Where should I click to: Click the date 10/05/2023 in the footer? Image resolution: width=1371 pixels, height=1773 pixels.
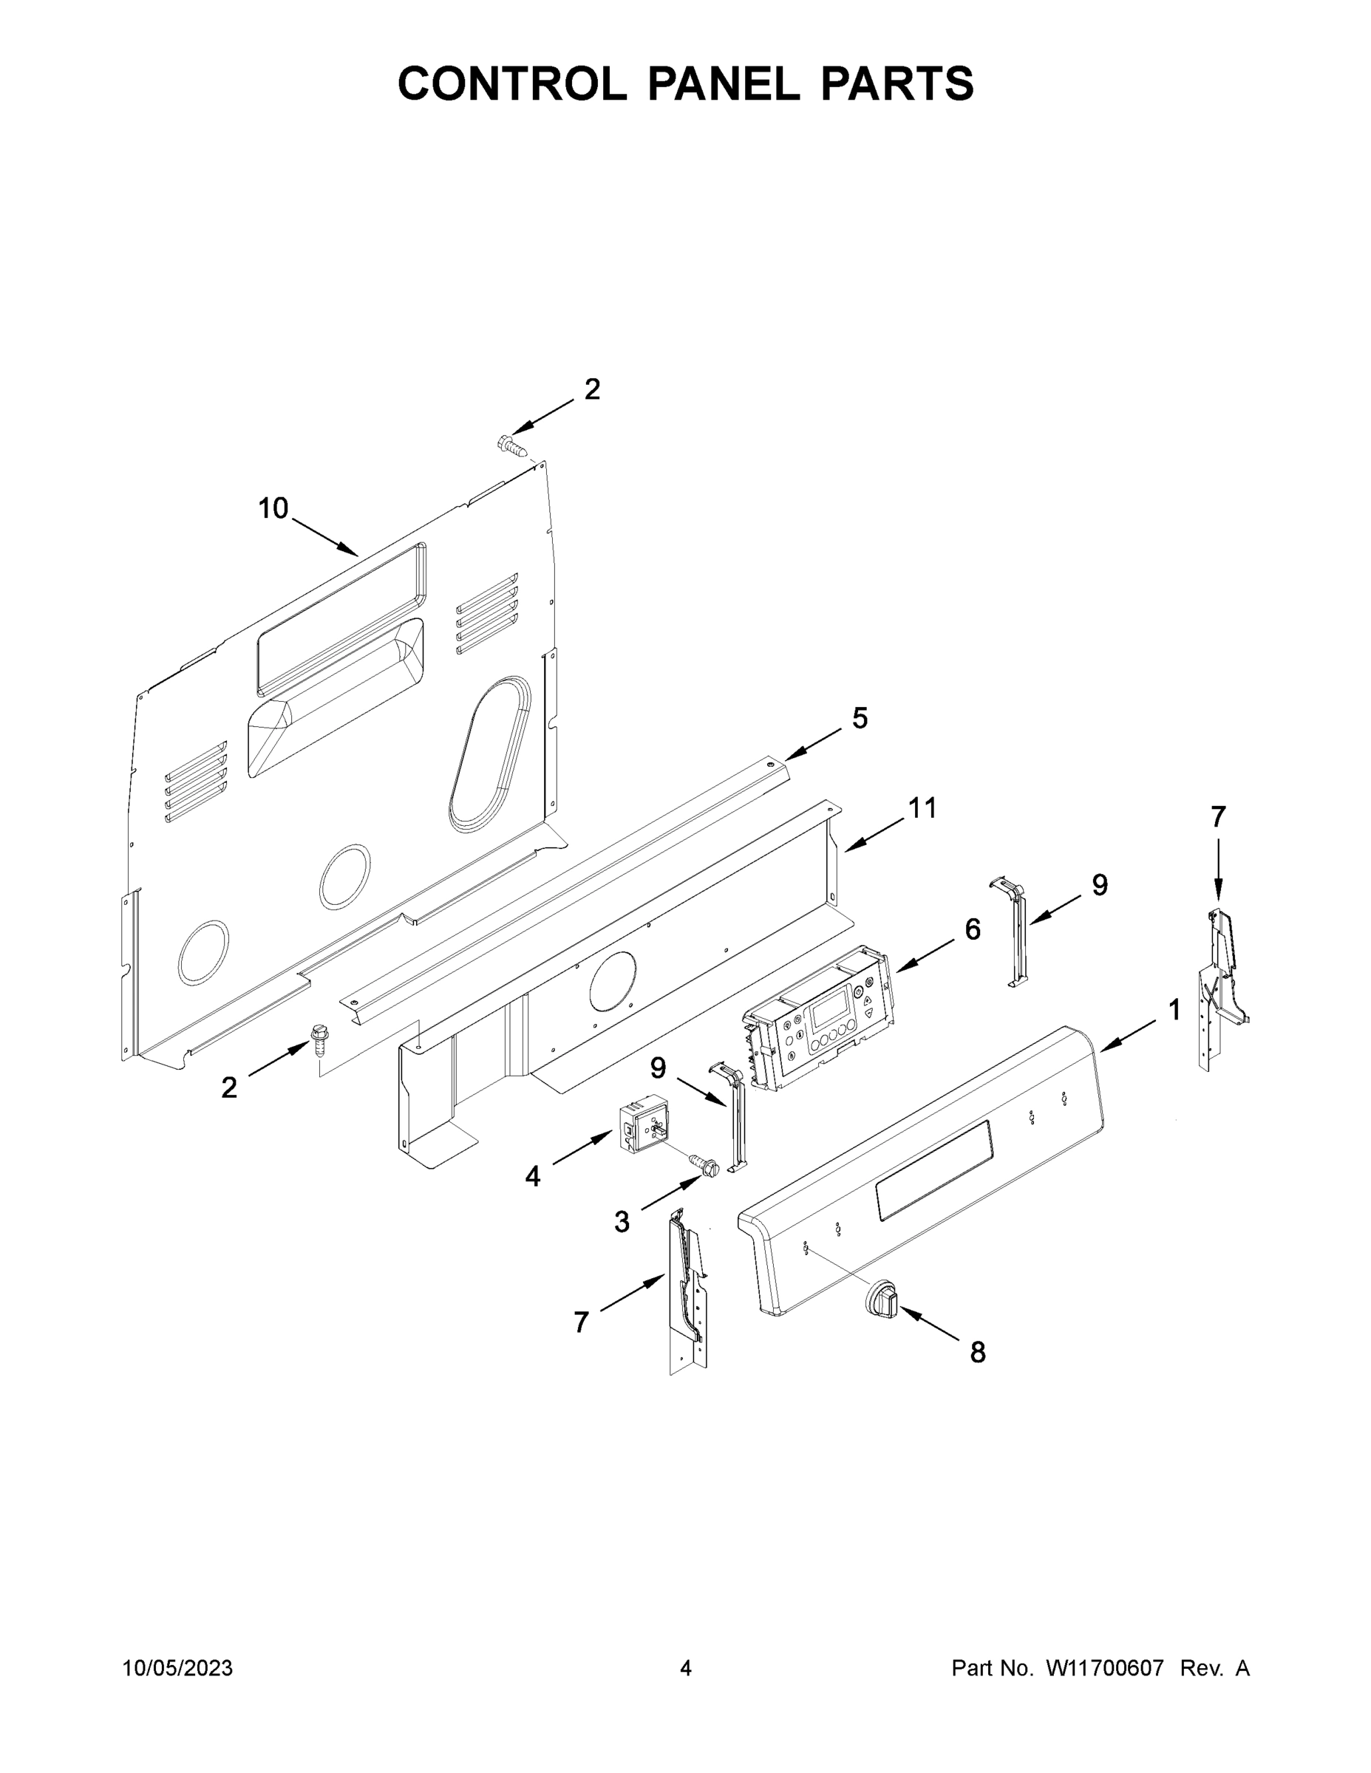[178, 1668]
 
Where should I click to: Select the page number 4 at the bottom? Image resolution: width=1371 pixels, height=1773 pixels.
[686, 1668]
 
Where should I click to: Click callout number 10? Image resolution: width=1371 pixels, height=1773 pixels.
[273, 509]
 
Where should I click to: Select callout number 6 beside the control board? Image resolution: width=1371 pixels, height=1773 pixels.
[972, 929]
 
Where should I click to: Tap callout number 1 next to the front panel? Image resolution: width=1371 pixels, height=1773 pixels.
[1174, 1010]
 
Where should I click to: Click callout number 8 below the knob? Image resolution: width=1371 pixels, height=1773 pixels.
[978, 1352]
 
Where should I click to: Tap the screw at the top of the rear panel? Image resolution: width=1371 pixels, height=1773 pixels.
[508, 444]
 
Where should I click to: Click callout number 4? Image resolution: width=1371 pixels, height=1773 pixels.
[532, 1175]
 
